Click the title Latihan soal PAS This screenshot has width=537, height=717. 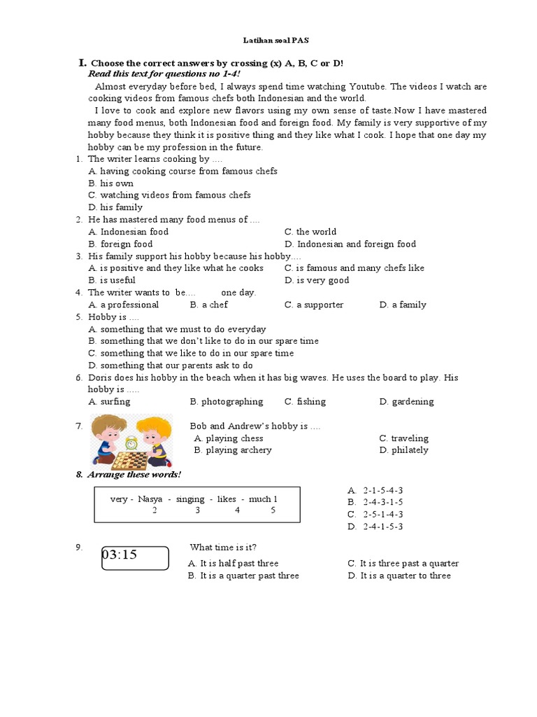(x=269, y=41)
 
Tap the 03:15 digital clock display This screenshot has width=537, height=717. (x=134, y=557)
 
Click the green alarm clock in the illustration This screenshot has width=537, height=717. (x=130, y=443)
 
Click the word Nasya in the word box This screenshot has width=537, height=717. (x=152, y=499)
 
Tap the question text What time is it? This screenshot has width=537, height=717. (x=228, y=547)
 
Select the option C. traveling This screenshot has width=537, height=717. (x=403, y=438)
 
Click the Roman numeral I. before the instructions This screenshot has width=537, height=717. (x=82, y=62)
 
